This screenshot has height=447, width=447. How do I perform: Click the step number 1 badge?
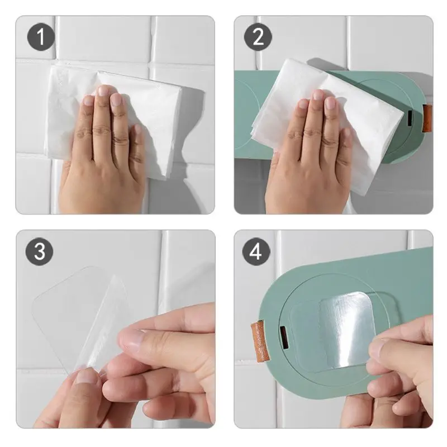[41, 37]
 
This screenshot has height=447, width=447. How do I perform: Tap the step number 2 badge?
[258, 37]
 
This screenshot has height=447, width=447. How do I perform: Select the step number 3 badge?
[39, 252]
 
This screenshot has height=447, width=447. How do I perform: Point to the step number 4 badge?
[256, 252]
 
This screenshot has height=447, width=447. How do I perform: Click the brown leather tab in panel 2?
[427, 118]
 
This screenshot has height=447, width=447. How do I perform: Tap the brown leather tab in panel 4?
[258, 341]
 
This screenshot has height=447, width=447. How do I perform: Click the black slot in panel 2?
[410, 118]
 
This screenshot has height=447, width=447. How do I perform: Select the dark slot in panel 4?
[284, 338]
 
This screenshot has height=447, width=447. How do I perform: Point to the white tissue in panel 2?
[328, 120]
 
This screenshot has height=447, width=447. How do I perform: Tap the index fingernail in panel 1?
[117, 99]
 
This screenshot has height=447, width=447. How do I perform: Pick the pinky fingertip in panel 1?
[138, 129]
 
